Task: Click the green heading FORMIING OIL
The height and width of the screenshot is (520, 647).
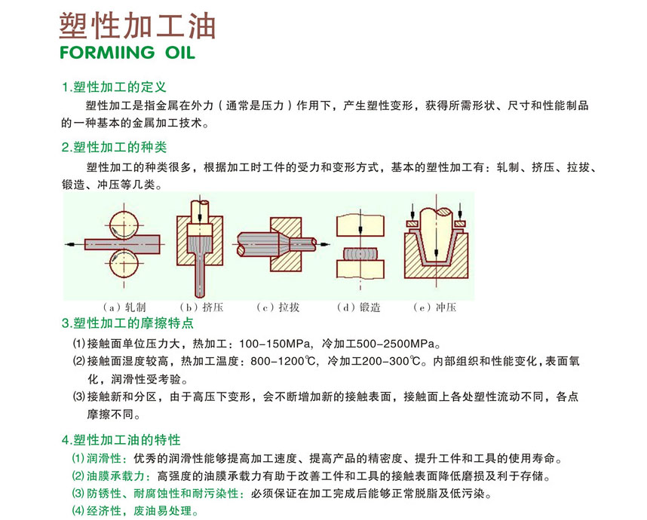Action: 127,52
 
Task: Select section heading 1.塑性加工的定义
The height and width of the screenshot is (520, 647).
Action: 114,87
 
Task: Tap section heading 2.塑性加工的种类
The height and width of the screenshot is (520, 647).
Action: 114,147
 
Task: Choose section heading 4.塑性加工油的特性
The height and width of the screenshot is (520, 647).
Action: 121,439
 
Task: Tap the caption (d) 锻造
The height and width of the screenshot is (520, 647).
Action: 359,307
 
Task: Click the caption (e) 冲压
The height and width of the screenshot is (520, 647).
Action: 435,307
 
